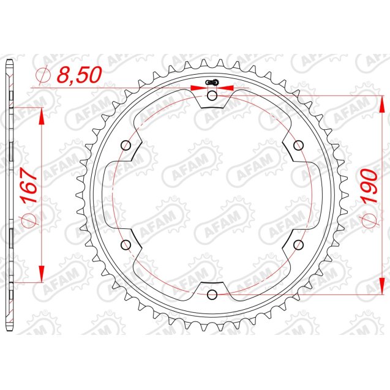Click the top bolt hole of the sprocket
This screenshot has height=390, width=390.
click(212, 96)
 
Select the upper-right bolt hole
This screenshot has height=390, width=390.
click(299, 145)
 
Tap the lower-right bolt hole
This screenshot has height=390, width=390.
click(299, 245)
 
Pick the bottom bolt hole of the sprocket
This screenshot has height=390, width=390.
click(212, 294)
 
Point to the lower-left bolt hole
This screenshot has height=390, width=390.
click(127, 245)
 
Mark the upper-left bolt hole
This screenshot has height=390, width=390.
click(127, 145)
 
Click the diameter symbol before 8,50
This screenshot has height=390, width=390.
click(44, 75)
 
